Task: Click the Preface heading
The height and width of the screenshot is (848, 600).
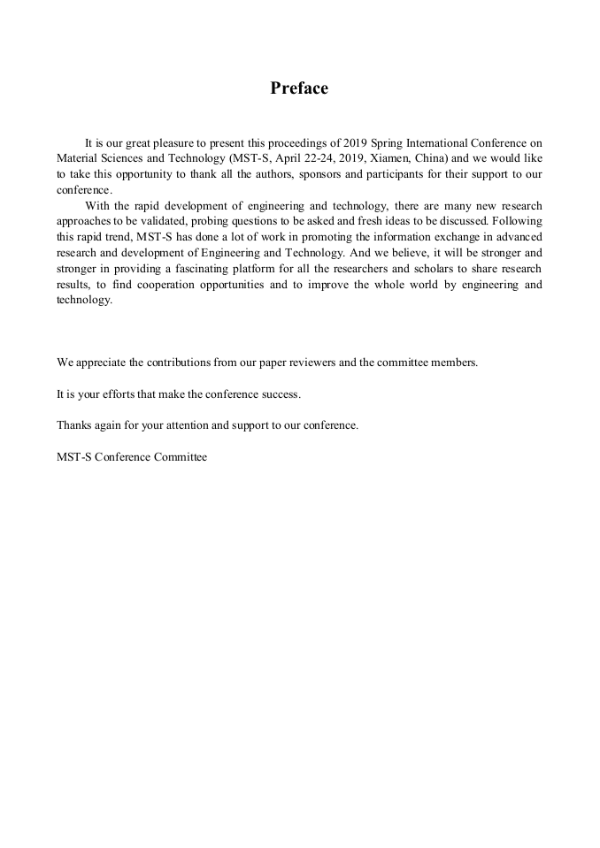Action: tap(299, 88)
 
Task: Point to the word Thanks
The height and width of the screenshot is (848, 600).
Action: tap(73, 425)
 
